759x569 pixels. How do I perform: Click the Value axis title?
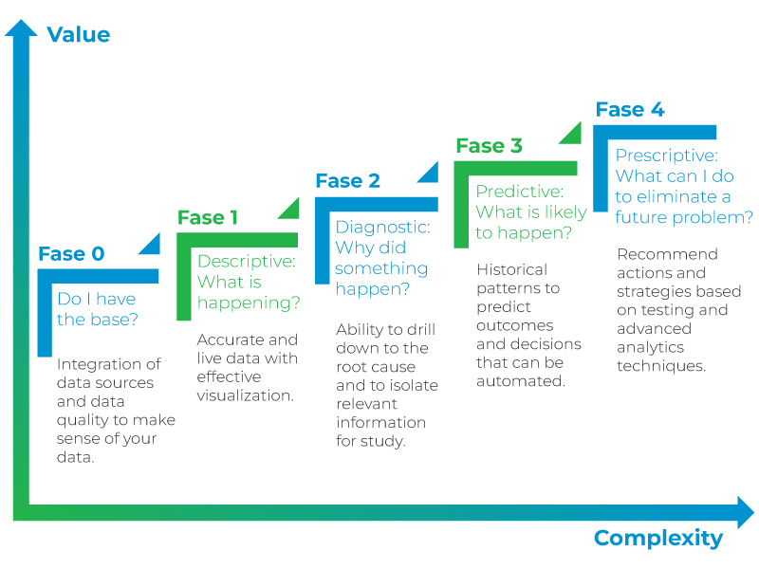79,35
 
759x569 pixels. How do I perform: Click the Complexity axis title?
658,539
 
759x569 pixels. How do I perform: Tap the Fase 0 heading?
72,254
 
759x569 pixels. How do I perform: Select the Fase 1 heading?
207,218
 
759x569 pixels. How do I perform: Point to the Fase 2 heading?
348,181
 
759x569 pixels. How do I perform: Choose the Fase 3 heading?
489,146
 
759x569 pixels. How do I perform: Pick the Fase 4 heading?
630,110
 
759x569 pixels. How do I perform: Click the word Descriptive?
246,262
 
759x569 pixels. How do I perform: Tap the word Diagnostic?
382,228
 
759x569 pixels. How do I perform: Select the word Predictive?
519,192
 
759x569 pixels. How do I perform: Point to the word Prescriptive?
667,156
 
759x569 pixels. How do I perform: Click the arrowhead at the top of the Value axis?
21,28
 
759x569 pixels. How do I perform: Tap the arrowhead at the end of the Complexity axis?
746,512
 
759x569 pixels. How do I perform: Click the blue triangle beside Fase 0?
152,246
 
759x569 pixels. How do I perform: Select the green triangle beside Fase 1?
291,211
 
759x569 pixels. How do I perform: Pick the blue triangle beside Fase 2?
431,174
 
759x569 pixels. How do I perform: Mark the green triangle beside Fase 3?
573,136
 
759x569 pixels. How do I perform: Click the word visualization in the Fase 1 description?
245,395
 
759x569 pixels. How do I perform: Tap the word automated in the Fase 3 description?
520,381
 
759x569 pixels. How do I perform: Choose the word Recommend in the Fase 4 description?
668,254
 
